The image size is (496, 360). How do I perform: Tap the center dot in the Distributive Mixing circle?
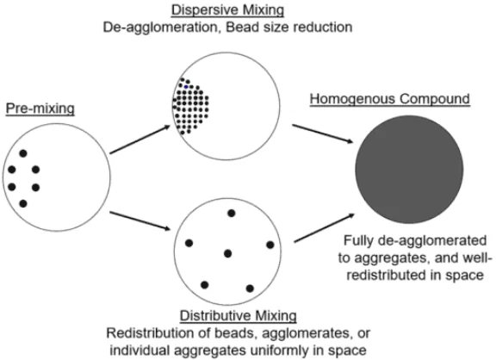pyautogui.click(x=227, y=253)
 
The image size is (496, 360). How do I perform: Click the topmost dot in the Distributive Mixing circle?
pyautogui.click(x=231, y=213)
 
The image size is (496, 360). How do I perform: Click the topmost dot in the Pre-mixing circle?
pyautogui.click(x=23, y=154)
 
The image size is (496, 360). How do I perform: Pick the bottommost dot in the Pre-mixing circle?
pyautogui.click(x=23, y=203)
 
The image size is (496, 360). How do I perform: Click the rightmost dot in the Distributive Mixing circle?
pyautogui.click(x=270, y=245)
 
